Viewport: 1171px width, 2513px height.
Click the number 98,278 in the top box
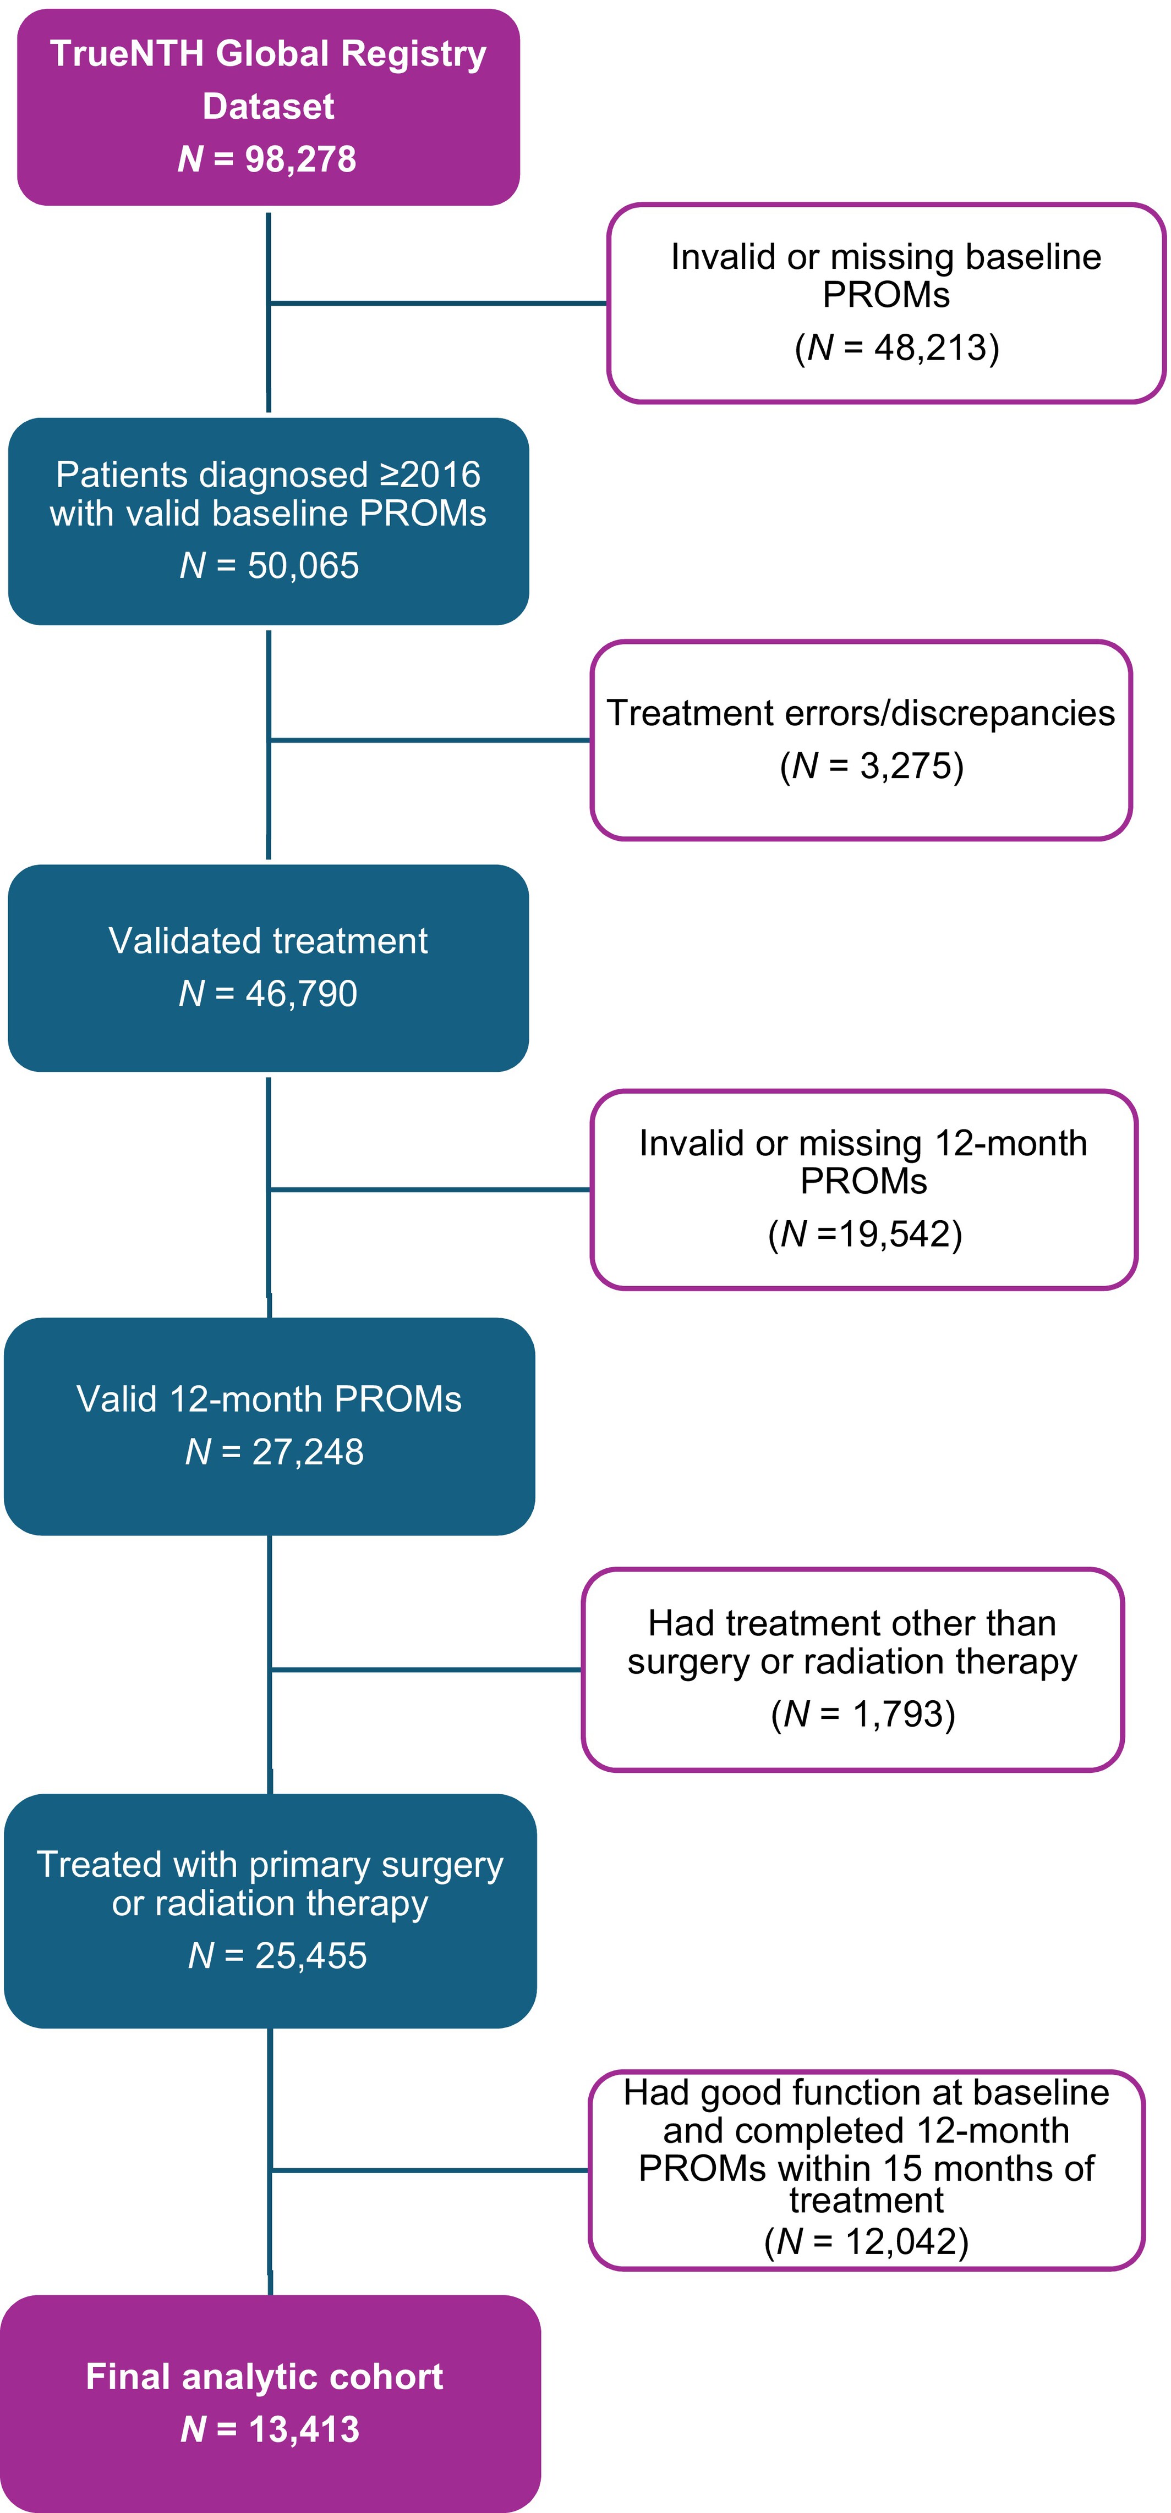click(300, 158)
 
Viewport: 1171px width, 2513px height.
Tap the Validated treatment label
click(269, 940)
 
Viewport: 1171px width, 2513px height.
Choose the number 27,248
click(308, 1452)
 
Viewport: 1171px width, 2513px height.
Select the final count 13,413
click(304, 2429)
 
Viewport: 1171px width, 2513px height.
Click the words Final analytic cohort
click(265, 2377)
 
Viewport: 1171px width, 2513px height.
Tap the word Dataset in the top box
click(269, 106)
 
